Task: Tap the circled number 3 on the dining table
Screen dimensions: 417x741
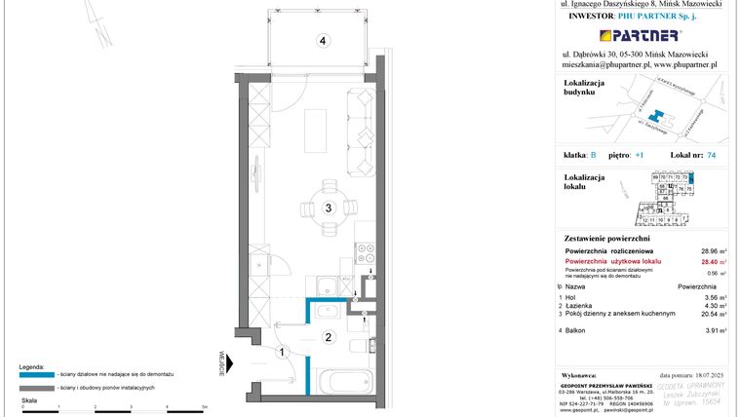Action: point(330,207)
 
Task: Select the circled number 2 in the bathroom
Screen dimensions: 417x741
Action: point(330,338)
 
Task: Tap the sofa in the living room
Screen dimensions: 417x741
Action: point(362,128)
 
